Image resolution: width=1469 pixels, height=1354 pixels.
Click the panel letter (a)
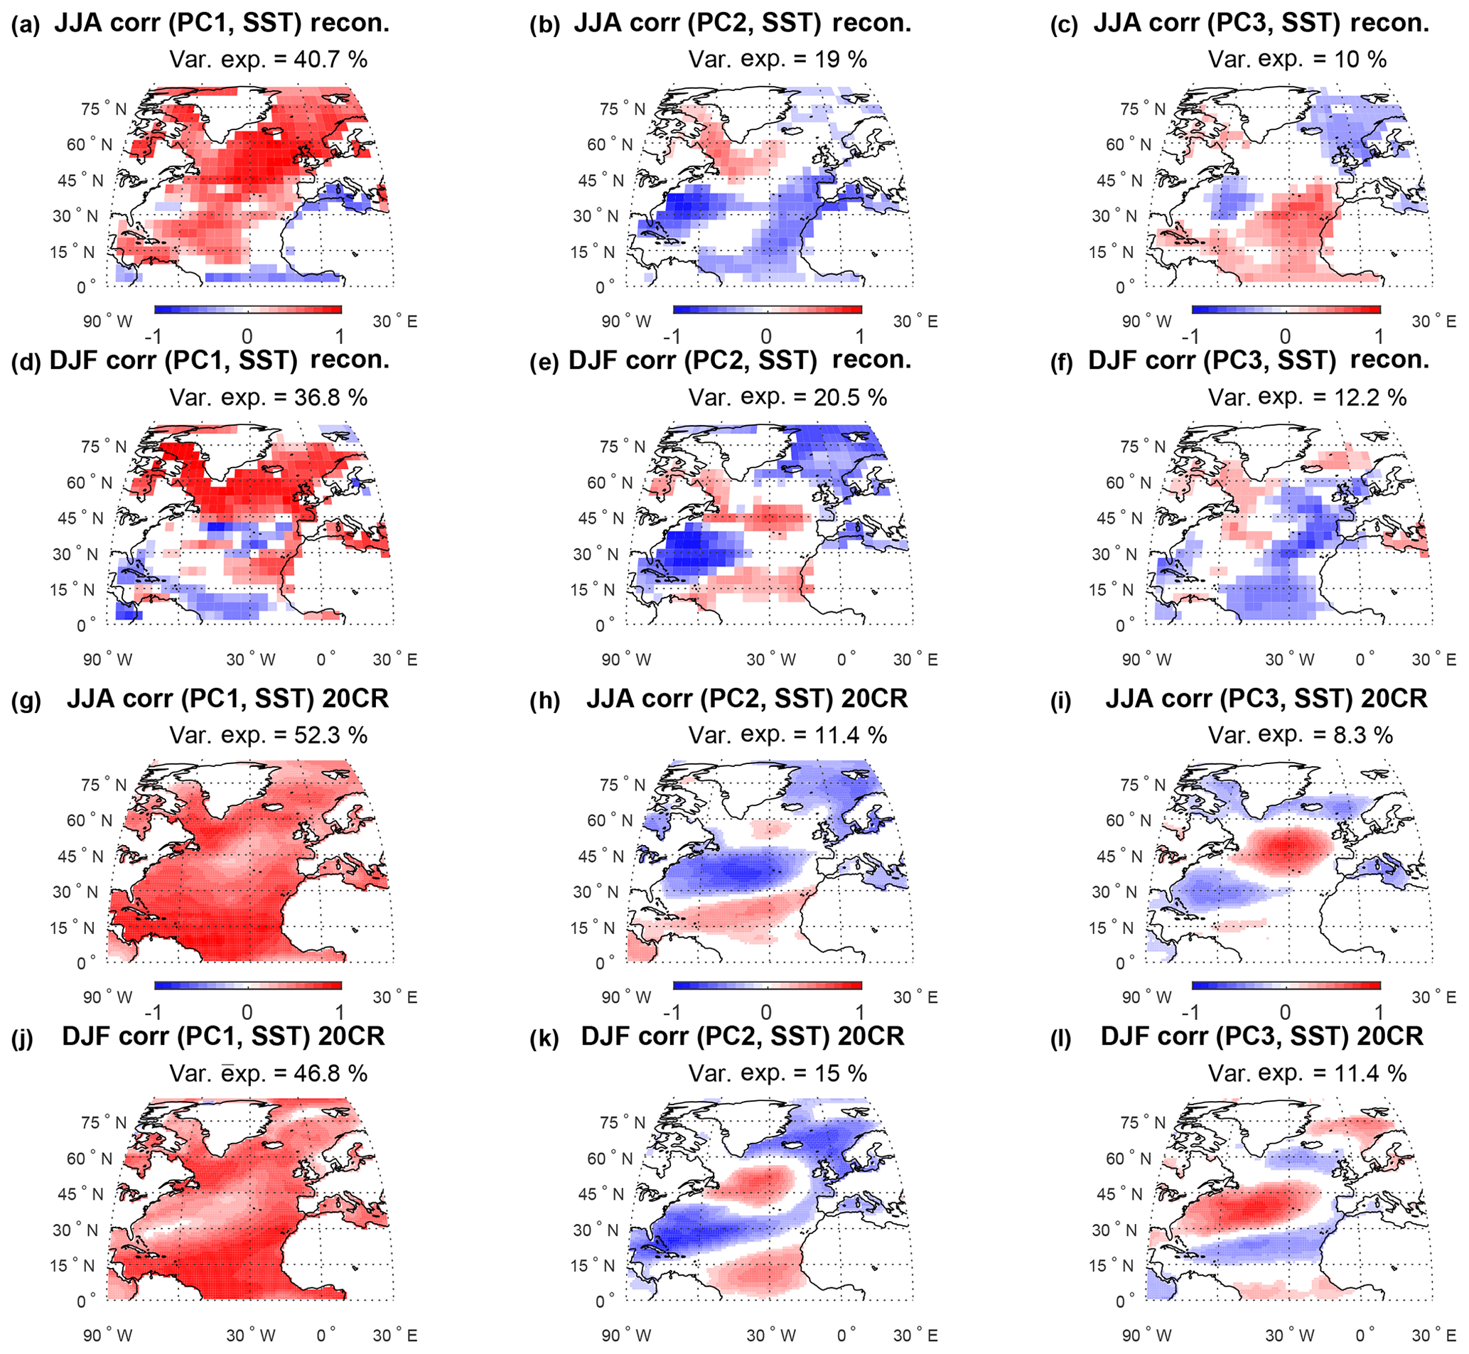tap(25, 26)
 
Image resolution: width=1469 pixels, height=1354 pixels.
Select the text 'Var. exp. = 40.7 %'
tap(268, 59)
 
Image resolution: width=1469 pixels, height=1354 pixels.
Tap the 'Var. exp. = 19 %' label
tap(777, 59)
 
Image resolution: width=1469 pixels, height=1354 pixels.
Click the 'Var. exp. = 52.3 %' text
tap(268, 735)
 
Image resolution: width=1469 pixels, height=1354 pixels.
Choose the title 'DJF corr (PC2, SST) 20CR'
tap(742, 1037)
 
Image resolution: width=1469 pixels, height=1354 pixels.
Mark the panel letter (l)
tap(1060, 1039)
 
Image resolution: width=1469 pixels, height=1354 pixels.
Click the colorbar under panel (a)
tap(247, 310)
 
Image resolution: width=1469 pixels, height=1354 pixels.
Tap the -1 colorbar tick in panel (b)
tap(671, 337)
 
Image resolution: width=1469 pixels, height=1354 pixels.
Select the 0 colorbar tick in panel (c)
tap(1285, 337)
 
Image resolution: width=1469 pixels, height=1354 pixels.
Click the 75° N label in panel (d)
tap(103, 447)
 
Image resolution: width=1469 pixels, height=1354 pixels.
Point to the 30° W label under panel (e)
tap(768, 660)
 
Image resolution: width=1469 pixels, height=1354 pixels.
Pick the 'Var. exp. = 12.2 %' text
tap(1307, 398)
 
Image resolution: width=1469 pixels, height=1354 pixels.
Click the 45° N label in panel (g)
tap(80, 856)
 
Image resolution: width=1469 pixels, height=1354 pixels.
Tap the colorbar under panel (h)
tap(767, 985)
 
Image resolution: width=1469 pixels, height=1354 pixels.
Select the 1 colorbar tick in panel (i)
tap(1379, 1013)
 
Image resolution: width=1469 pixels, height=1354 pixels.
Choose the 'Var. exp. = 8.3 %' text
tap(1300, 735)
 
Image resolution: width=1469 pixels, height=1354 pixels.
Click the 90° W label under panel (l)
tap(1145, 1336)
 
